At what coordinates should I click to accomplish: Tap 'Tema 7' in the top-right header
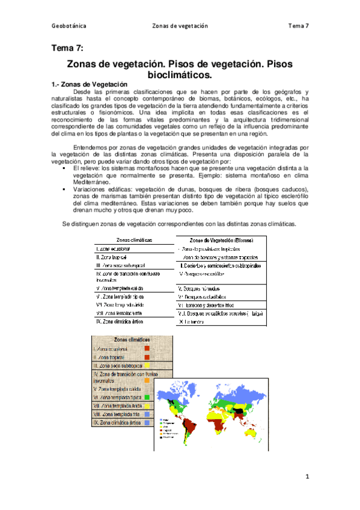tap(298, 26)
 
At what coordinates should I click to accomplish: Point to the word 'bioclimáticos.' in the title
tap(180, 75)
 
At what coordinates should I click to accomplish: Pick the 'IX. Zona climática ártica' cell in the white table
tap(123, 321)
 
